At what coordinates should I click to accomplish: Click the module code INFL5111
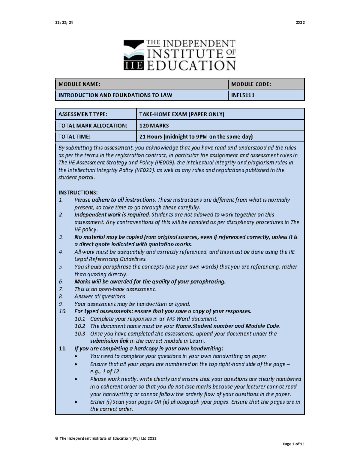[x=242, y=95]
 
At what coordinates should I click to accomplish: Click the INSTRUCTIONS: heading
[x=78, y=192]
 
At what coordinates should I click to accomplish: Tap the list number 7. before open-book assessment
[x=61, y=289]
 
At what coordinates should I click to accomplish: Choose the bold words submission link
[x=109, y=341]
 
